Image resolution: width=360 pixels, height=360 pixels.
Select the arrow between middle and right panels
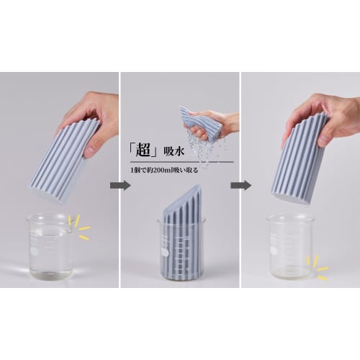coord(238,185)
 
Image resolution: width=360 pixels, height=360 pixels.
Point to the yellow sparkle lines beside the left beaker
coord(78,227)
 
